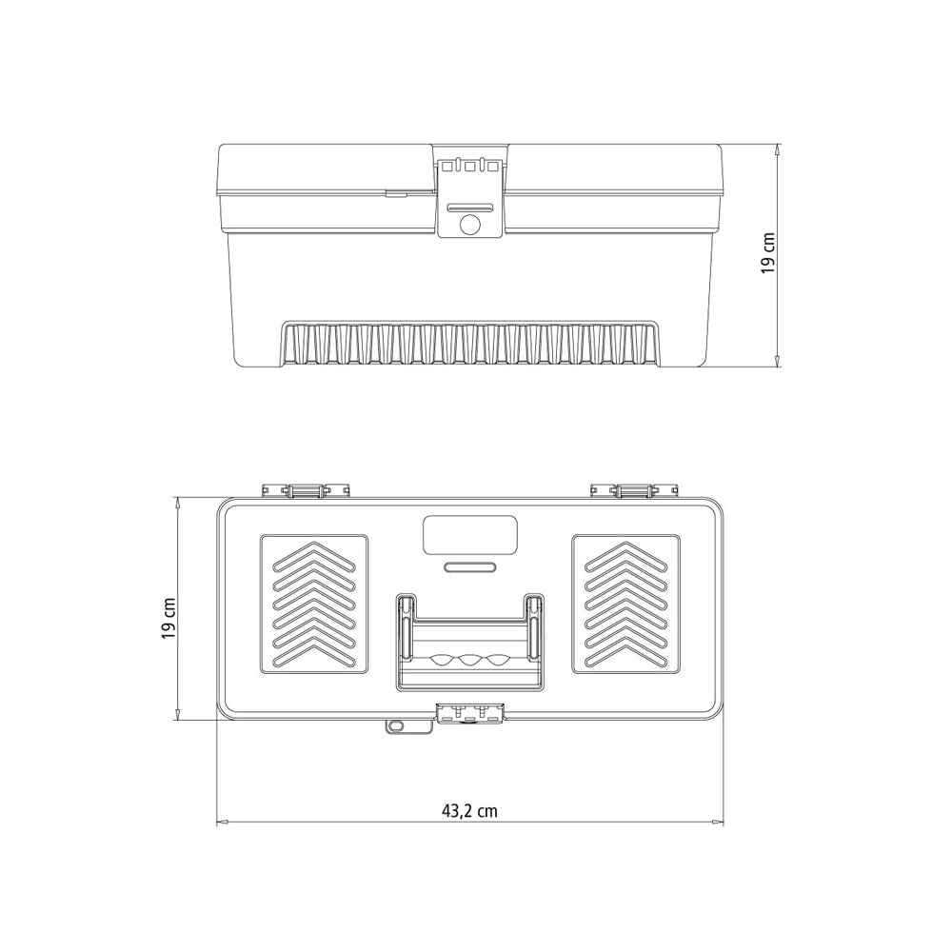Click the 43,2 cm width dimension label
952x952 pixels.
click(x=469, y=810)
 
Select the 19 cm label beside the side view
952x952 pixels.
click(x=768, y=253)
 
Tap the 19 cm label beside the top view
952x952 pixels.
click(x=169, y=619)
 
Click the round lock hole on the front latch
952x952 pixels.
click(x=470, y=226)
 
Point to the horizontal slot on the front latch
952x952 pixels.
click(x=470, y=208)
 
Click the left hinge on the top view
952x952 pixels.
click(x=306, y=490)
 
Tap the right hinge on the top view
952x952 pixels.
click(x=634, y=490)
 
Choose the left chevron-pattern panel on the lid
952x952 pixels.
click(x=314, y=605)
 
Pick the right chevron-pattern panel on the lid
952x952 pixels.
click(x=626, y=605)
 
